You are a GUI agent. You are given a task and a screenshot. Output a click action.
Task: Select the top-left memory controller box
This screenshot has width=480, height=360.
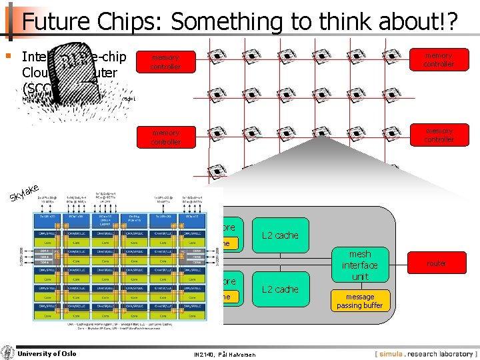165,62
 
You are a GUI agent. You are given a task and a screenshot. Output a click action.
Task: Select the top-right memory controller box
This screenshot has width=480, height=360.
439,60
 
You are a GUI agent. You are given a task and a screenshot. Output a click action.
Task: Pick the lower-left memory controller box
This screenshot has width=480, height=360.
165,137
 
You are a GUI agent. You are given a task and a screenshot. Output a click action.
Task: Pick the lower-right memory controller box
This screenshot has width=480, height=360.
439,135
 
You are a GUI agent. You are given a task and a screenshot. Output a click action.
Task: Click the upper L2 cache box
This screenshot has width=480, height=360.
280,235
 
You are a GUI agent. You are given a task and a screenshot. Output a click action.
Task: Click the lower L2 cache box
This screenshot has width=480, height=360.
280,289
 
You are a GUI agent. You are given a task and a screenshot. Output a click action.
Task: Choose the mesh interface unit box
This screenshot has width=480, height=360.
359,265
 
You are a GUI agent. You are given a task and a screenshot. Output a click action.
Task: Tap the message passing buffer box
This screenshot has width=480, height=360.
359,301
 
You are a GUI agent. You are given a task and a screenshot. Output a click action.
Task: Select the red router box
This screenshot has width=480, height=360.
437,263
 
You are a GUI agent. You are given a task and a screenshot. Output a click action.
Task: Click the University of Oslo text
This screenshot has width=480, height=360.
47,353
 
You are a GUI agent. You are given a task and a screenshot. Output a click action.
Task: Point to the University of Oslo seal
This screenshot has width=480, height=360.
7,353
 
